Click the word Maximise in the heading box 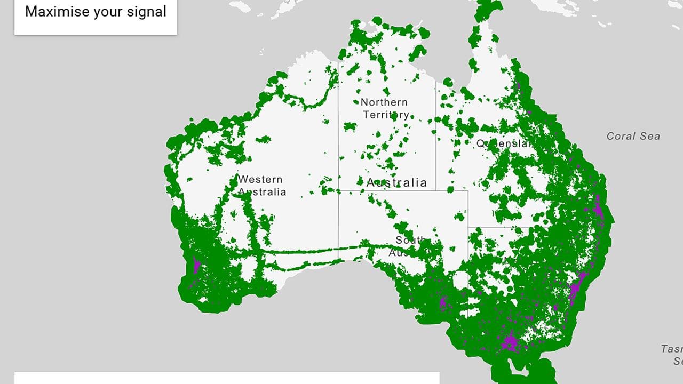(57, 12)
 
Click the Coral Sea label (633, 137)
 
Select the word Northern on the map (384, 102)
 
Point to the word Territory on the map (385, 115)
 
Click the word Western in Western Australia (260, 180)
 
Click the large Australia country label (396, 183)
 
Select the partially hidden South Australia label (409, 246)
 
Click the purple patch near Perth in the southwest (196, 265)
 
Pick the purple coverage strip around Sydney (576, 289)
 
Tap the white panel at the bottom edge (227, 378)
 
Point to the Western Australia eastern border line (338, 160)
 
